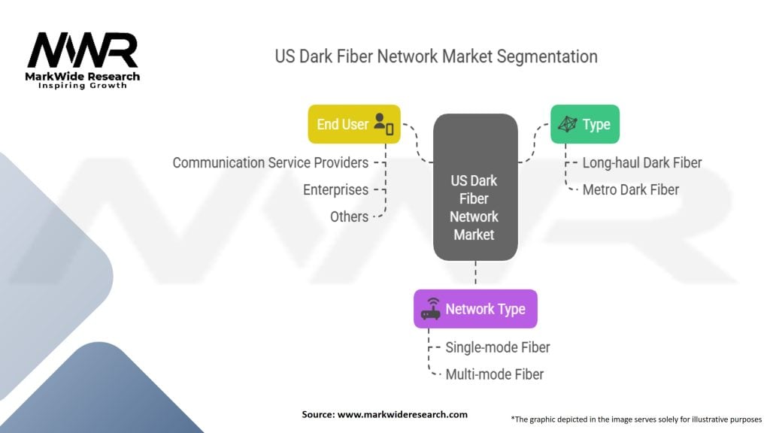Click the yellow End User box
tap(354, 124)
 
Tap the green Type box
tap(585, 124)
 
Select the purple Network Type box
tap(475, 309)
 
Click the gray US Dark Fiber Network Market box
tap(475, 187)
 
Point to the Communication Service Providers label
tap(270, 162)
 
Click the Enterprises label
tap(335, 189)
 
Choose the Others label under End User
tap(349, 216)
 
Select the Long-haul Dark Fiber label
tap(642, 162)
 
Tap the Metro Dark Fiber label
tap(631, 189)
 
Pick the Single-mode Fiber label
tap(498, 347)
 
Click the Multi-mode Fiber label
tap(494, 374)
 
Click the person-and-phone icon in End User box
tap(383, 124)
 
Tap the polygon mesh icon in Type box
tap(567, 124)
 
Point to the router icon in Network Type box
tap(431, 309)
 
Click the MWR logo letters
tap(83, 50)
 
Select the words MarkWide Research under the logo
tap(83, 77)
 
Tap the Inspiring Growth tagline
tap(83, 86)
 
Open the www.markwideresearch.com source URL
tap(402, 414)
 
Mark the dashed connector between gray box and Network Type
tap(475, 272)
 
